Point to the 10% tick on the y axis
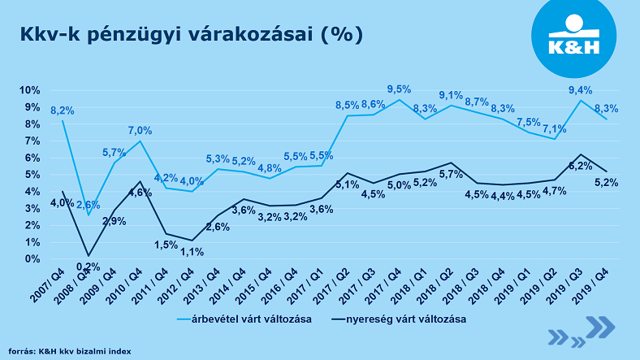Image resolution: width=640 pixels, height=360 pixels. coord(29,90)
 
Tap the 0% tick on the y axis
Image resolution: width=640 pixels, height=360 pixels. coord(32,259)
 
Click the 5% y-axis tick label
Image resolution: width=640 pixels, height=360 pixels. coord(32,175)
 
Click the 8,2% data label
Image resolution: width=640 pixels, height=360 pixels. coord(63,110)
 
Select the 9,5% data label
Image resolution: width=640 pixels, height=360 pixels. coord(398,89)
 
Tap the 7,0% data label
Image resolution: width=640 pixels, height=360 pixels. coord(140,130)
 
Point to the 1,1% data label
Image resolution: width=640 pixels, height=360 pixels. coord(191,252)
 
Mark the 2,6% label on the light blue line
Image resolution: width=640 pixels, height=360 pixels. coord(89,205)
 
